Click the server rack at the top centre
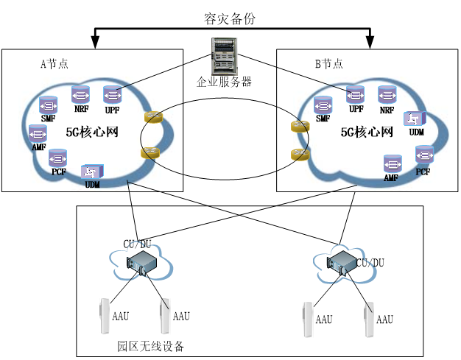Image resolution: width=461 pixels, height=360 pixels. tap(225, 56)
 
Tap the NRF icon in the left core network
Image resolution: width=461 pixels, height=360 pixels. tap(80, 94)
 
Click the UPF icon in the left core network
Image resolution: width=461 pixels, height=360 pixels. tap(112, 95)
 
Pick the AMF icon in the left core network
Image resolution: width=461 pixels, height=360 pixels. tap(38, 133)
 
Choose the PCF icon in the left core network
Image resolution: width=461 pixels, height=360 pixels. tap(57, 158)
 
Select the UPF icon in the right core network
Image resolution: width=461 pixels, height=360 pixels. tap(356, 94)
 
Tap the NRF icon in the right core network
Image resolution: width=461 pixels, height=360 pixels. tap(387, 94)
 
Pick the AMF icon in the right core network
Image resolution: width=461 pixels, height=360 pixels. tap(392, 163)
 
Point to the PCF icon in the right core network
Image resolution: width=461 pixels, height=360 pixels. tap(423, 155)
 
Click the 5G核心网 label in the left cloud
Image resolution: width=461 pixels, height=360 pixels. tap(93, 133)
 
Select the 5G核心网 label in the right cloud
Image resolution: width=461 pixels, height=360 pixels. tap(367, 133)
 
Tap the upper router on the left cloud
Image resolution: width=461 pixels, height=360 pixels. tap(153, 117)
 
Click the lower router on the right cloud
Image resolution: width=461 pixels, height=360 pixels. tap(300, 154)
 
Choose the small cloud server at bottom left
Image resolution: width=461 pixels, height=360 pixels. tap(142, 263)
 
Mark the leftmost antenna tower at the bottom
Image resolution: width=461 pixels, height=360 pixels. tap(105, 316)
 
